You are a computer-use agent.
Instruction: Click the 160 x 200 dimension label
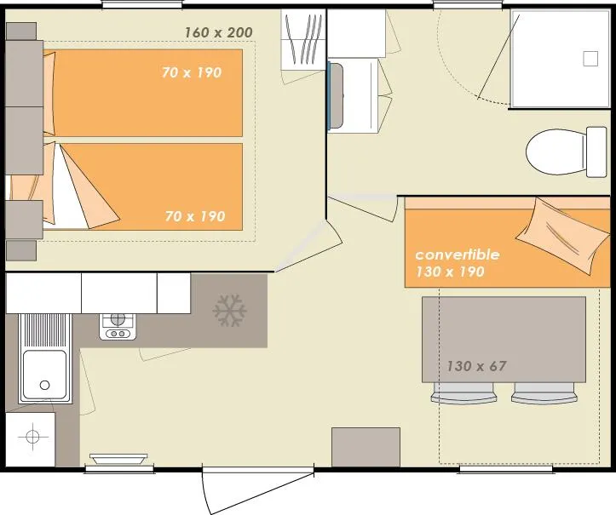[x=218, y=32]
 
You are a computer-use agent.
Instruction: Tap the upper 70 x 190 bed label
[x=192, y=72]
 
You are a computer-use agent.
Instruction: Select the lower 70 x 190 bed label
[x=195, y=216]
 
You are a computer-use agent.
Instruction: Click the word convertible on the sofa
[x=457, y=255]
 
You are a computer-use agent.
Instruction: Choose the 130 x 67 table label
[x=476, y=366]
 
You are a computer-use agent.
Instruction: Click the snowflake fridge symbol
[x=229, y=312]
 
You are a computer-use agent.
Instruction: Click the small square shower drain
[x=590, y=59]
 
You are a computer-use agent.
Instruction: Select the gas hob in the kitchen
[x=118, y=324]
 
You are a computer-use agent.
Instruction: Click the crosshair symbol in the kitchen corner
[x=32, y=438]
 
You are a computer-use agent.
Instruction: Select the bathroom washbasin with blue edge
[x=352, y=94]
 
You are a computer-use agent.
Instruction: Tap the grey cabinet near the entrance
[x=366, y=446]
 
